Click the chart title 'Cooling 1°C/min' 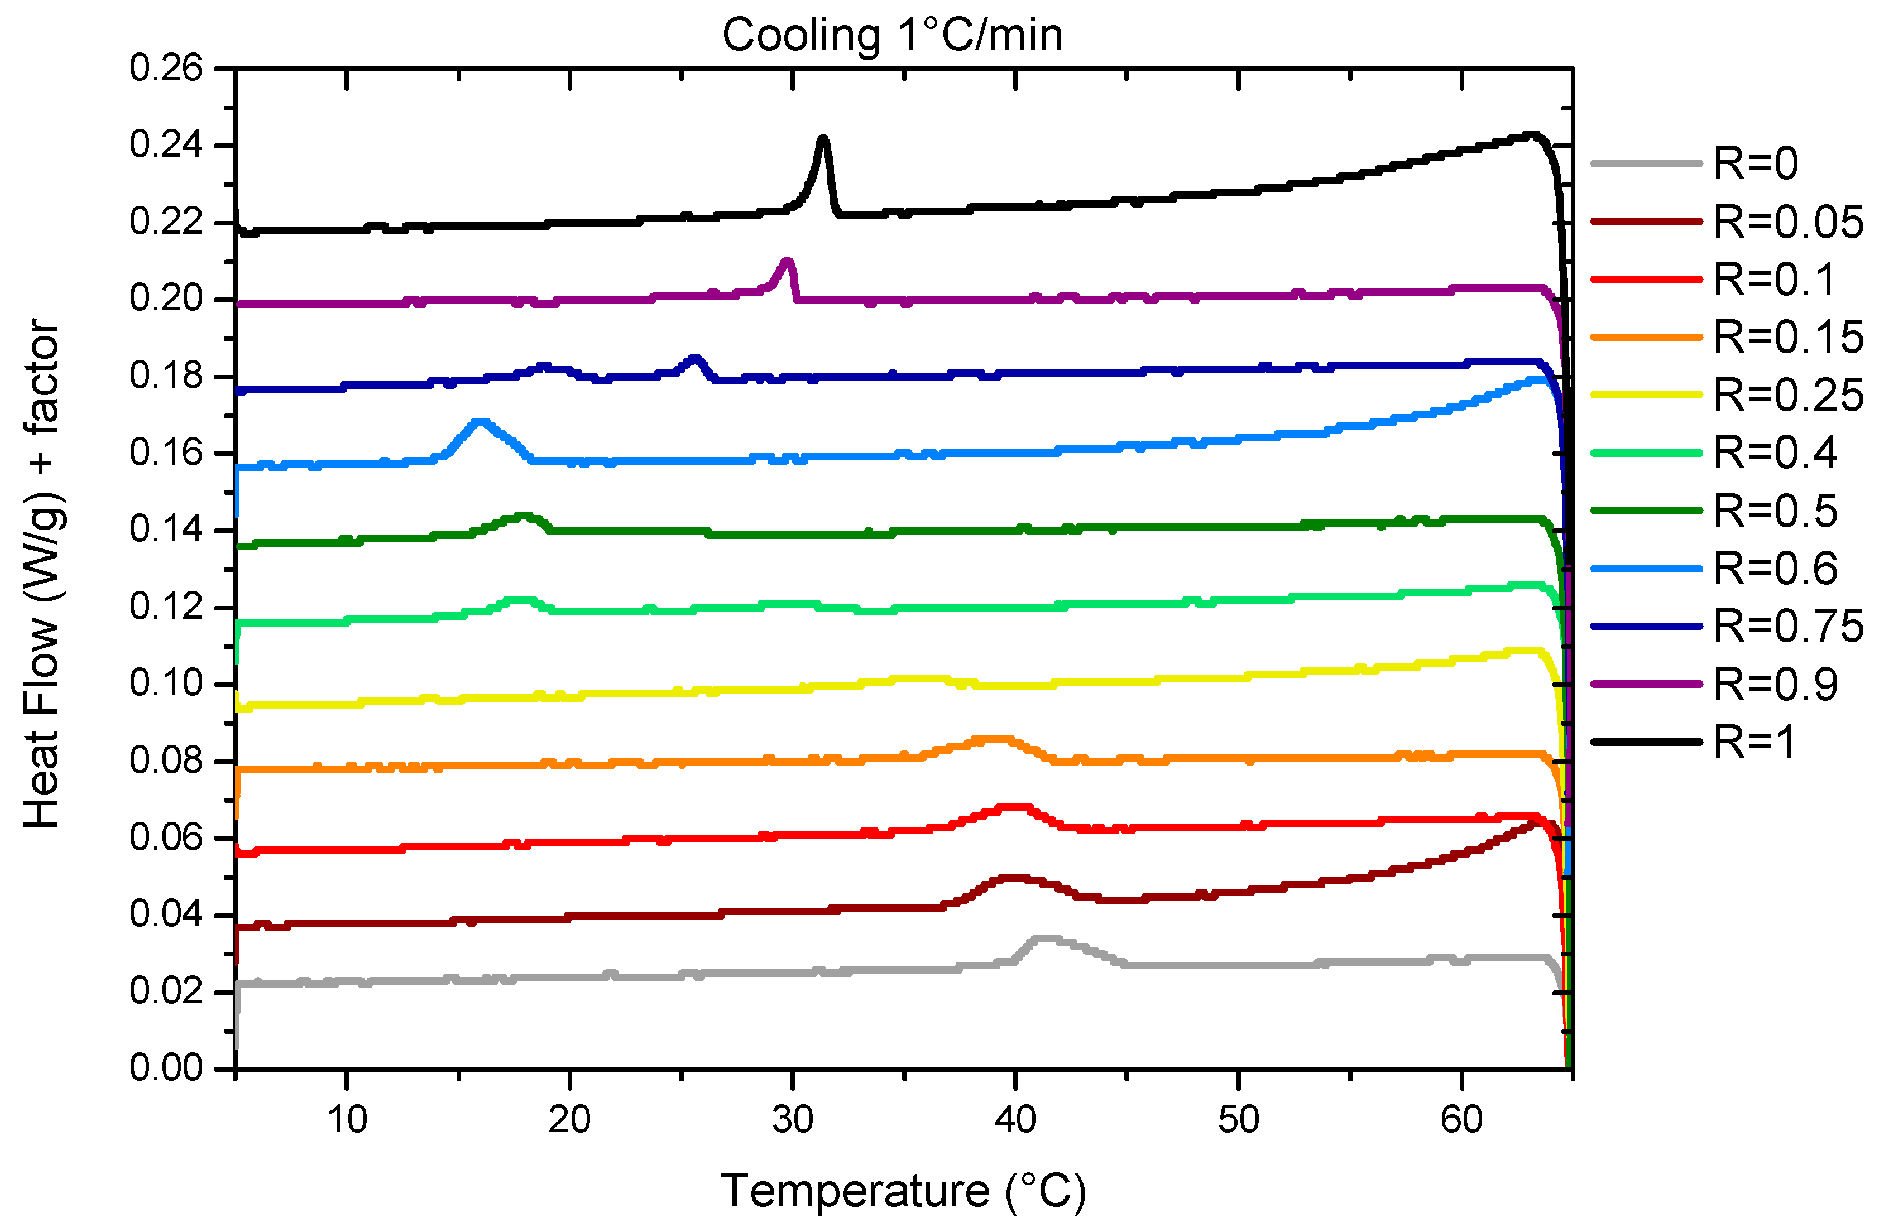(x=891, y=36)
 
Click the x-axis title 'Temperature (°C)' (x=903, y=1190)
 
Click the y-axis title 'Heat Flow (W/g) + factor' (x=41, y=574)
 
